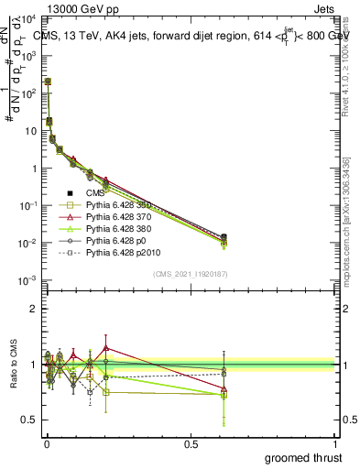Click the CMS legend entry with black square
[95, 192]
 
